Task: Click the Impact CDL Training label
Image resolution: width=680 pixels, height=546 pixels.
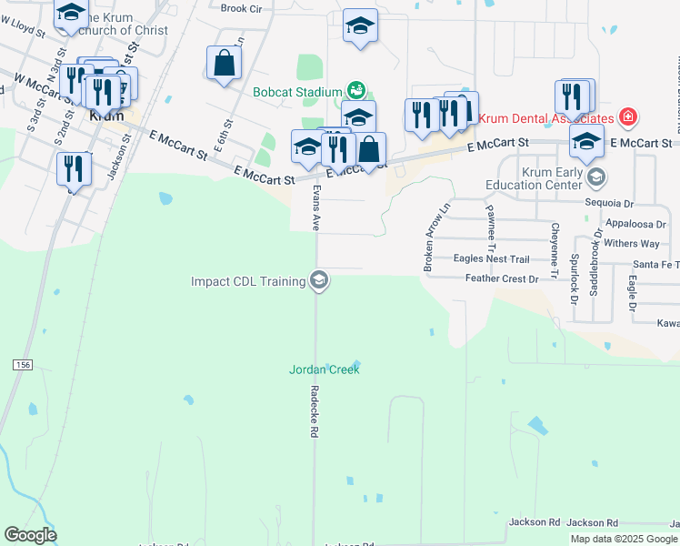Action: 248,281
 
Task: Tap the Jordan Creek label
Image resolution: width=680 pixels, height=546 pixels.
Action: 325,369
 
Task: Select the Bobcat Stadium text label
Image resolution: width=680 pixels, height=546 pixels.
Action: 297,92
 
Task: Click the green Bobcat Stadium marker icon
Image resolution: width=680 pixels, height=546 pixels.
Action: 356,91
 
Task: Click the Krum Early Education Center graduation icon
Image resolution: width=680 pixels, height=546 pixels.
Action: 596,177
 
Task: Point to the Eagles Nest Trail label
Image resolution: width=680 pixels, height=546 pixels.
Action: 491,259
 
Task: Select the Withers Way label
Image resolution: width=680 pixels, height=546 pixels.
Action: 632,244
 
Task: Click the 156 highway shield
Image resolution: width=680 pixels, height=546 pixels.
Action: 22,364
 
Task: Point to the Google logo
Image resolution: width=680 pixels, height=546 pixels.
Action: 30,535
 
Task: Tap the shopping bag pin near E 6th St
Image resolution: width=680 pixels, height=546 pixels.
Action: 224,64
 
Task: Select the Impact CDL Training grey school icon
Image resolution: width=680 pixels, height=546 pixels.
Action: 318,281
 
